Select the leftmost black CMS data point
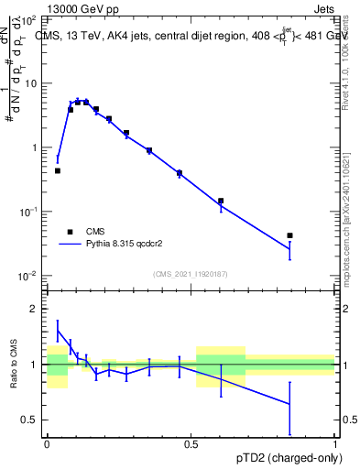(58, 170)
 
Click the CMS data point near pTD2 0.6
(221, 201)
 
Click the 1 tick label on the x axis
(335, 444)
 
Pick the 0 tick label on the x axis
(47, 444)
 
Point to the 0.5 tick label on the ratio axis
(30, 420)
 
